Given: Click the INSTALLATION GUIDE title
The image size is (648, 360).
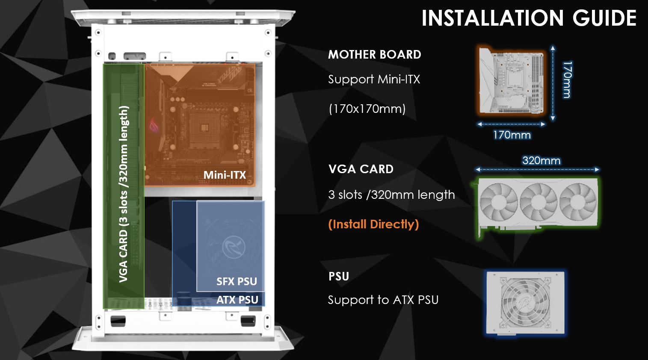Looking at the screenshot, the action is (x=529, y=18).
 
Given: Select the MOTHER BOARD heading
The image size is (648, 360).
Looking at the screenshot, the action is (x=375, y=55).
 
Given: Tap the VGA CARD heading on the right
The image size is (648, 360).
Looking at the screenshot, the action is (x=361, y=169).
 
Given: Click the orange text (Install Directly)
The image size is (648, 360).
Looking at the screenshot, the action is (x=374, y=224).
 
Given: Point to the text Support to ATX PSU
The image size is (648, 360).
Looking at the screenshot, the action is (x=383, y=300).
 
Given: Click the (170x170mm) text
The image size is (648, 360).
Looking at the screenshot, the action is (x=367, y=109).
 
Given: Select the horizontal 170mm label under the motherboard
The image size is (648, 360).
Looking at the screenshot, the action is (x=512, y=135).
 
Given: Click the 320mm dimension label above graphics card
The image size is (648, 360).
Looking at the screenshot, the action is (x=541, y=160).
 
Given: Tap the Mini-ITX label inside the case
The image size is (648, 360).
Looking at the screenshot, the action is (x=225, y=175).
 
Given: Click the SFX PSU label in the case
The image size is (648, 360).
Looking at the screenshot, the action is (x=237, y=281).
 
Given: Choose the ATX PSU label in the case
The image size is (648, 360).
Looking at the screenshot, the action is (x=237, y=300).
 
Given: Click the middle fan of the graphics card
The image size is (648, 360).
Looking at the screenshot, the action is (x=539, y=201).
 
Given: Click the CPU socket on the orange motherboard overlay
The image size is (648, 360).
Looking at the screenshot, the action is (x=204, y=128).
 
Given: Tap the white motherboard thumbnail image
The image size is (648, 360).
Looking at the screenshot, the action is (x=511, y=80).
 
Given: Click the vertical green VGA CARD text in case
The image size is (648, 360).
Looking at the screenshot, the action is (x=124, y=194).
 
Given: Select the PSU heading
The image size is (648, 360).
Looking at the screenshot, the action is (x=339, y=277).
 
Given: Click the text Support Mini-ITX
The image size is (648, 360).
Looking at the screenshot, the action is (x=374, y=79).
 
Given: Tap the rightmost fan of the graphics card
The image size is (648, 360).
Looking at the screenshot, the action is (x=578, y=201).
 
